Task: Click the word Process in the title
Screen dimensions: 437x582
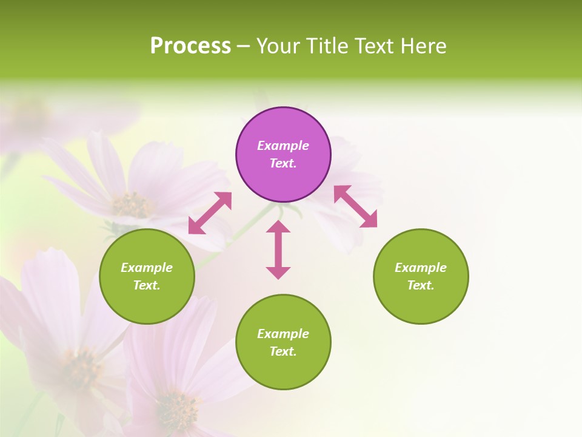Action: [190, 46]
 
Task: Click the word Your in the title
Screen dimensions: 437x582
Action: [278, 46]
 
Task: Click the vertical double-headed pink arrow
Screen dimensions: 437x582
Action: [278, 249]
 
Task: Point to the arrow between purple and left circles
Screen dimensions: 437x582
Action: [210, 212]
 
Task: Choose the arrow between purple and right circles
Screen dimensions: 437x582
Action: [355, 206]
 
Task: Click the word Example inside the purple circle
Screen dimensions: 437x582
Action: [283, 146]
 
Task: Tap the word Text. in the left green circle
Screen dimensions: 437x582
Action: [147, 285]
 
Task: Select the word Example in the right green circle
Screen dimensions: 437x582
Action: [421, 268]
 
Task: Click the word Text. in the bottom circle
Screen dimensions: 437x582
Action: [283, 351]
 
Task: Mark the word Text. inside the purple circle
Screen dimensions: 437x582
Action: [283, 163]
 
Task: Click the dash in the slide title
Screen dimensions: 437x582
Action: [243, 46]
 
